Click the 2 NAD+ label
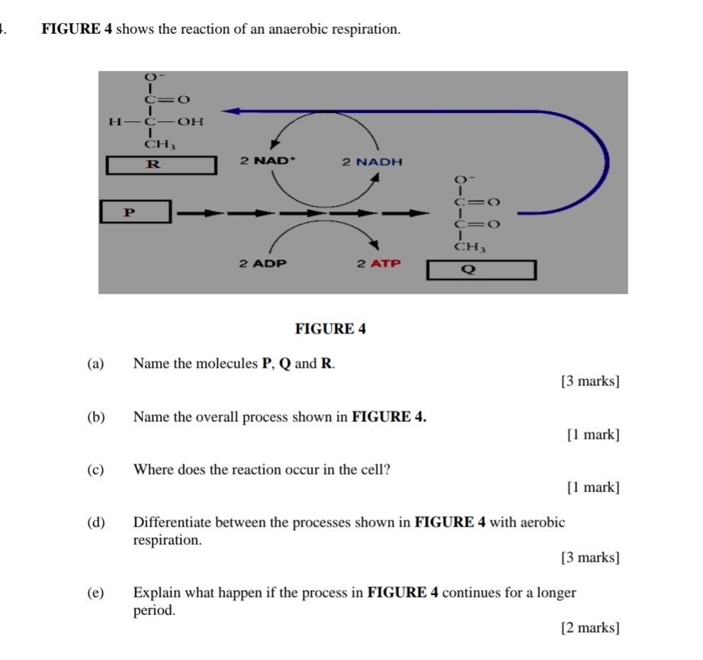click(x=268, y=160)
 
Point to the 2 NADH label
click(x=372, y=162)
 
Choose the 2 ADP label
click(x=263, y=263)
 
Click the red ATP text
click(x=386, y=263)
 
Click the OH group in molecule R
click(x=191, y=121)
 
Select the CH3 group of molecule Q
click(x=470, y=246)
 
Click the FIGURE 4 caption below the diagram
click(x=330, y=329)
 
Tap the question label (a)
click(x=95, y=363)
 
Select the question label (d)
click(x=96, y=522)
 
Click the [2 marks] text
click(x=590, y=627)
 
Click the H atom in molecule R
click(x=115, y=121)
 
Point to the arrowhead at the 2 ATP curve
click(x=374, y=245)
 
